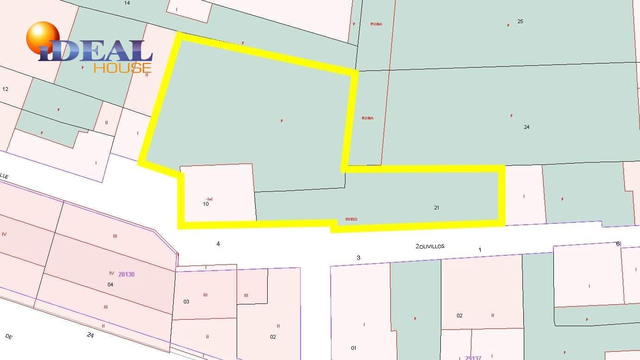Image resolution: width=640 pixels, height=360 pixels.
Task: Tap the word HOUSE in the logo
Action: (122, 68)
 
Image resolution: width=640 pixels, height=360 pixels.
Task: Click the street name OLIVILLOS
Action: (432, 246)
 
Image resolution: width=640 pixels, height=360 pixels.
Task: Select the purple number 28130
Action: (126, 274)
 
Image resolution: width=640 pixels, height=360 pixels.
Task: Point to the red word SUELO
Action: (351, 219)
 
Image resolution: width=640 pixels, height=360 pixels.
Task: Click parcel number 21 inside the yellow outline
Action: (436, 208)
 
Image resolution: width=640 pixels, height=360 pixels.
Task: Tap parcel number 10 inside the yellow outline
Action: (206, 203)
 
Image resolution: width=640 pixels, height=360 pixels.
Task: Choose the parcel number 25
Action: (520, 21)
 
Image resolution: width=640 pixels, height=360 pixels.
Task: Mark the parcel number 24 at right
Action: (527, 127)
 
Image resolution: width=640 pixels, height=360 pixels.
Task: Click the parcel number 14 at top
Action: (127, 3)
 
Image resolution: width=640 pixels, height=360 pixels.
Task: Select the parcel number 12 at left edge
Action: (6, 89)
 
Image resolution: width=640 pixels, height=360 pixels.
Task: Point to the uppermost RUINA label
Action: (376, 24)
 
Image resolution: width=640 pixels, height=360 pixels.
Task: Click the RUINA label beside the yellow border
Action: (367, 118)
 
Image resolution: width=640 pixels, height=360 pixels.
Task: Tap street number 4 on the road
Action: (218, 244)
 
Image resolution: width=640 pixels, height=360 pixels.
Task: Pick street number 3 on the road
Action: (358, 258)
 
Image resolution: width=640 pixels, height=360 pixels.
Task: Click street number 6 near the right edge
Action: (618, 244)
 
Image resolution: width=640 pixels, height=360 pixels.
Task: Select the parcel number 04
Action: (110, 284)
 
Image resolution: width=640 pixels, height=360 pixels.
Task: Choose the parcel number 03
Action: (186, 302)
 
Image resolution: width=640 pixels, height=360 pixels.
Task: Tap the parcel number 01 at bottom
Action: (354, 348)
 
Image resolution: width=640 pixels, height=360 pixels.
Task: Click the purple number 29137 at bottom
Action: (473, 358)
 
